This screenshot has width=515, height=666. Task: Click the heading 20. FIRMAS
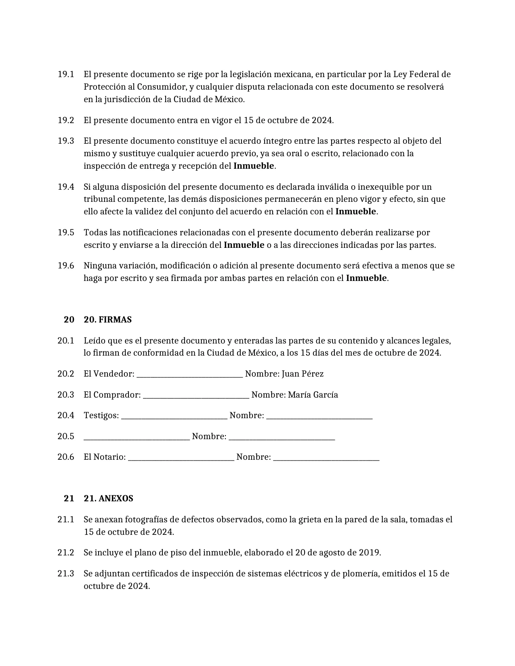pos(107,320)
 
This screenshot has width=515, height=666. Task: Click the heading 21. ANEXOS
pos(108,498)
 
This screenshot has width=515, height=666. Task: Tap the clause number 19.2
pos(66,120)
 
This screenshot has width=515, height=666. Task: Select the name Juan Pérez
pos(303,374)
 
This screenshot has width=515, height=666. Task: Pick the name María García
pos(313,395)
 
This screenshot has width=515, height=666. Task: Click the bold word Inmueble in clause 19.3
pos(254,166)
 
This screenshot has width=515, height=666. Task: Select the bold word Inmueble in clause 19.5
pos(244,245)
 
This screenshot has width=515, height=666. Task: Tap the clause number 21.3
pos(66,574)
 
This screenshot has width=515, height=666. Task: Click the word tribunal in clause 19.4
pos(99,199)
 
